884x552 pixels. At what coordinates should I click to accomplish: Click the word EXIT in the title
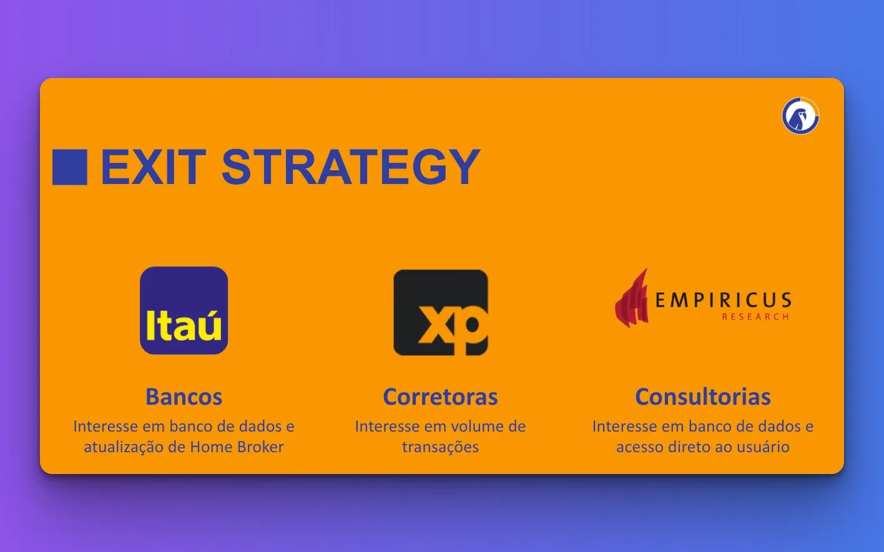[154, 167]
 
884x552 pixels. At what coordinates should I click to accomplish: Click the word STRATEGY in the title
[351, 167]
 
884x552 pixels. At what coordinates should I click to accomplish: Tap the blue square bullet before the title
[70, 167]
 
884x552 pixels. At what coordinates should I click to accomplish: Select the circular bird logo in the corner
[800, 116]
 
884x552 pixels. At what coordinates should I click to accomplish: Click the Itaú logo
[184, 310]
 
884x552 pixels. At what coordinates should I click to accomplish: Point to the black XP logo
[441, 312]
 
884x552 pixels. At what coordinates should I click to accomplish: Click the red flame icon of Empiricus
[631, 298]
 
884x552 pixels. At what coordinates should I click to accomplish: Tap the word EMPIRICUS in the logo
[724, 300]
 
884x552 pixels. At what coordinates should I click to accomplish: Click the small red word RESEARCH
[755, 317]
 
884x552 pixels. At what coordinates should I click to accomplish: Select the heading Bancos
[184, 396]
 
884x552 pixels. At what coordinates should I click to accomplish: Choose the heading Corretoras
[440, 396]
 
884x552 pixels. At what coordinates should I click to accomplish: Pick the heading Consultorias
[703, 396]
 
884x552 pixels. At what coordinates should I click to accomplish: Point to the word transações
[440, 447]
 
